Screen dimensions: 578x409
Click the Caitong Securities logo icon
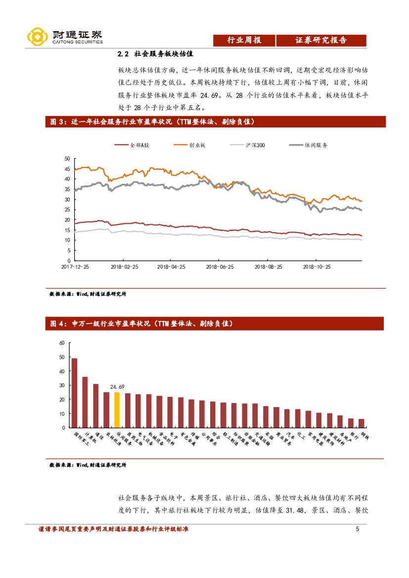[37, 36]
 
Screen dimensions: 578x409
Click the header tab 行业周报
[244, 41]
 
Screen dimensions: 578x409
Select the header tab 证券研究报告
[321, 41]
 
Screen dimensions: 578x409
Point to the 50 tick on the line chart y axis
[67, 159]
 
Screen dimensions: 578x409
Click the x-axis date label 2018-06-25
[220, 266]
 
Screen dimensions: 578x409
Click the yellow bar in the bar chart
[117, 410]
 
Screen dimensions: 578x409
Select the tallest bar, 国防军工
[74, 393]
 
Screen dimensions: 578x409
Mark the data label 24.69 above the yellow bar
[117, 387]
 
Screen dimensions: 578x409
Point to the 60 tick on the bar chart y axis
[62, 343]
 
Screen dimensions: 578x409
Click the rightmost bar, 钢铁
[362, 423]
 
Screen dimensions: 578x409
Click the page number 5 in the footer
[357, 530]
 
